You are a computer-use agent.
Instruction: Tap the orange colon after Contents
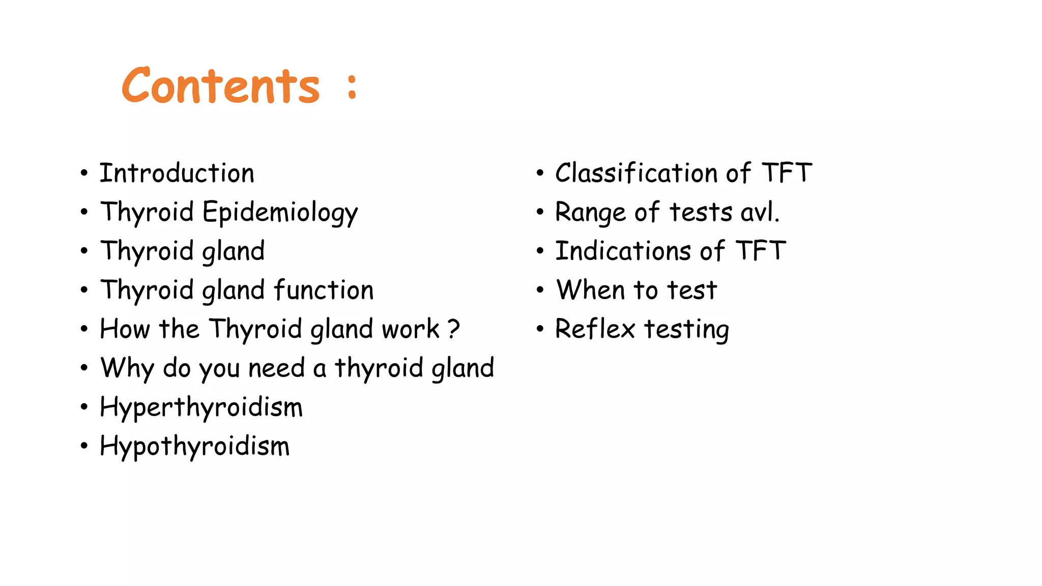click(352, 86)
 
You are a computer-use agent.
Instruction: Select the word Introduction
click(177, 173)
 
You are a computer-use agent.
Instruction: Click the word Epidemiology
click(280, 213)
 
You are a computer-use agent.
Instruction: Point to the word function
click(324, 290)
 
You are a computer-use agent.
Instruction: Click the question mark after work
click(454, 329)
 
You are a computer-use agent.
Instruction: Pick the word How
click(125, 329)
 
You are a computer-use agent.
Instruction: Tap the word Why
click(127, 368)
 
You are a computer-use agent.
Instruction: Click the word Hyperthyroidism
click(201, 407)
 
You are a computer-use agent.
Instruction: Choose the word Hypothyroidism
click(194, 447)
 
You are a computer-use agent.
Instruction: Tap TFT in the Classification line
click(787, 173)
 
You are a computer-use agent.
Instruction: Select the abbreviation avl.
click(760, 213)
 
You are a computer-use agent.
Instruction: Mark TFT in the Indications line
click(761, 251)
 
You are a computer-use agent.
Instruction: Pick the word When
click(590, 290)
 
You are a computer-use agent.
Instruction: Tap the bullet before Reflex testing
click(540, 329)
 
